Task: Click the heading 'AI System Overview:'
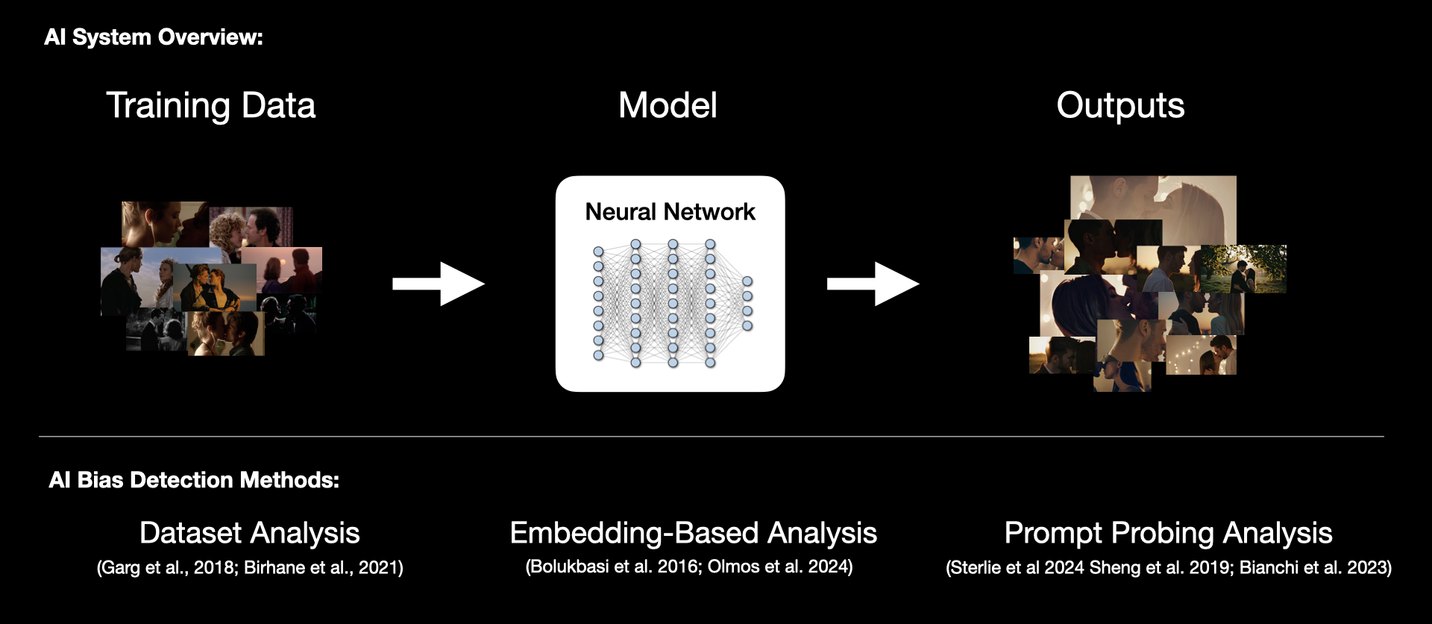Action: [x=153, y=37]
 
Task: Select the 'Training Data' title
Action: [x=211, y=105]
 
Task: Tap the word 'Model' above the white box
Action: [x=668, y=105]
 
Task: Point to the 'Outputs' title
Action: [x=1119, y=105]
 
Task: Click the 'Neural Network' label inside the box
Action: [x=670, y=212]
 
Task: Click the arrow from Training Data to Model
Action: [x=439, y=284]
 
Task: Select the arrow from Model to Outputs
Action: [x=873, y=284]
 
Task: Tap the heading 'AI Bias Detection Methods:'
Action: [x=194, y=480]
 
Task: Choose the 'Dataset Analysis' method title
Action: [x=250, y=533]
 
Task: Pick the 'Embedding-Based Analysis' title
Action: [x=693, y=533]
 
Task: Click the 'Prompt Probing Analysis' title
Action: [x=1168, y=533]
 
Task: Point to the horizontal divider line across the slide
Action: [x=711, y=437]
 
